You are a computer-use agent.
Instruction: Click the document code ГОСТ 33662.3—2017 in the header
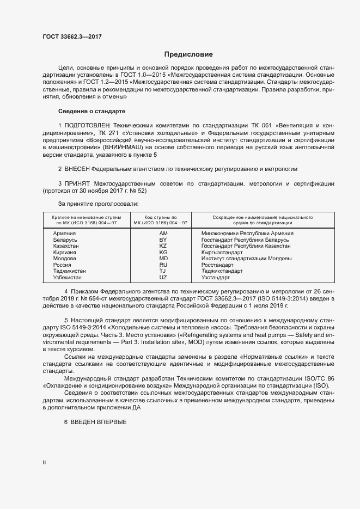pos(72,36)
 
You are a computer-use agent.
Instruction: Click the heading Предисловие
pos(189,54)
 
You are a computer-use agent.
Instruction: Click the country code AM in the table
pos(163,233)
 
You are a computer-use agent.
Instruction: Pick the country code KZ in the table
pos(163,246)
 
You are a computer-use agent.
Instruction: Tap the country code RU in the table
pos(163,264)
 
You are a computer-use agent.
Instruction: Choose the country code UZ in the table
pos(163,277)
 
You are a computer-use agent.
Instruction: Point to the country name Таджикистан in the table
pos(70,271)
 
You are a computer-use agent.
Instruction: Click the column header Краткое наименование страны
pos(82,217)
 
